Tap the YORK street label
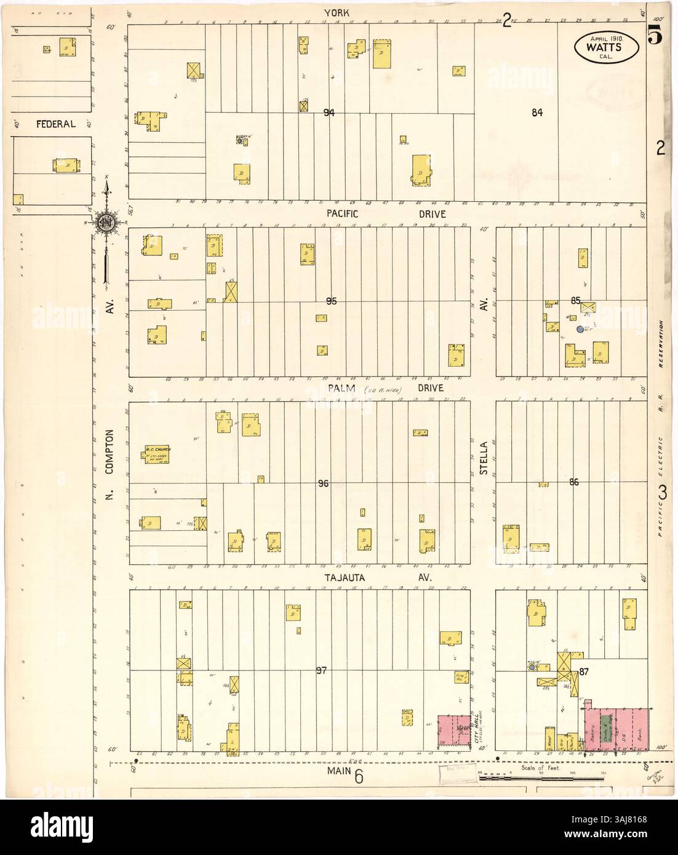coord(335,13)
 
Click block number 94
coord(329,113)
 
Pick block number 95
coord(332,301)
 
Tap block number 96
coord(324,484)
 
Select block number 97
coord(321,670)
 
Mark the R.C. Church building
coord(161,454)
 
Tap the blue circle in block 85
coord(580,330)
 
